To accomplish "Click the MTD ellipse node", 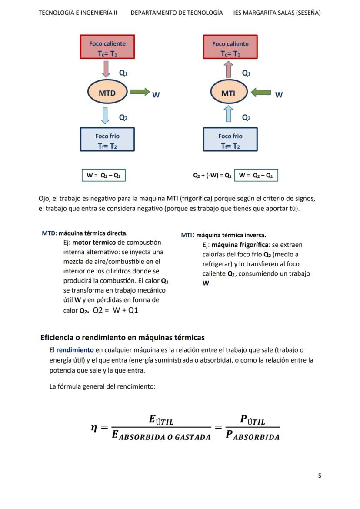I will click(x=107, y=93).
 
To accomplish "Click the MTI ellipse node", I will click(x=229, y=93).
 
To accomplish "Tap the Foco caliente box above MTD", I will click(x=107, y=47).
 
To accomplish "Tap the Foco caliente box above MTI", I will click(x=230, y=47).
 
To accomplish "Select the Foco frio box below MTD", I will click(x=107, y=140).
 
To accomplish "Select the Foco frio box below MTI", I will click(x=230, y=140).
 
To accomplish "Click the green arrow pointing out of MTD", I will click(x=140, y=92).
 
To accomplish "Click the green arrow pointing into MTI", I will click(x=261, y=92).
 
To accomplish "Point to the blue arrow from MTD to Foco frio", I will click(x=105, y=116).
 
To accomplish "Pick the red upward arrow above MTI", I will click(x=229, y=69).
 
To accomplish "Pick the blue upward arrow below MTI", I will click(x=229, y=114).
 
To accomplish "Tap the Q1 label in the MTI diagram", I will click(x=246, y=73).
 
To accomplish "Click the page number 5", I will click(x=320, y=476).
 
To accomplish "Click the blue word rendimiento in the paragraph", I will click(x=75, y=350).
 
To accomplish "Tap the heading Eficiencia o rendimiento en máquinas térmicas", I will click(x=122, y=337).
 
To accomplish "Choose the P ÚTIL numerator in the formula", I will click(x=252, y=420).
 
